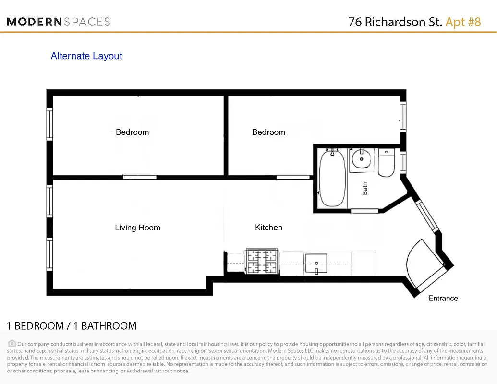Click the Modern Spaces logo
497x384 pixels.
[x=59, y=22]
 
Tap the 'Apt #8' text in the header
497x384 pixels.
[x=463, y=22]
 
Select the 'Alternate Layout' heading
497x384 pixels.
[x=86, y=56]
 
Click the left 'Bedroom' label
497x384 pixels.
[x=132, y=132]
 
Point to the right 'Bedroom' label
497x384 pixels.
[x=268, y=132]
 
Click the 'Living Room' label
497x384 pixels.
[x=137, y=228]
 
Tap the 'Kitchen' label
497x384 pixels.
[x=268, y=228]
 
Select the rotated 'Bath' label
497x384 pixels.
[x=365, y=189]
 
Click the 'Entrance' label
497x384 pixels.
[x=443, y=298]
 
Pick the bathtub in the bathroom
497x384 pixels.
[x=332, y=178]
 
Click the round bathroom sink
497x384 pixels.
[x=360, y=158]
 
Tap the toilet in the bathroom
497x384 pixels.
[x=386, y=163]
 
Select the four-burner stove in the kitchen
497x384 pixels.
[x=262, y=262]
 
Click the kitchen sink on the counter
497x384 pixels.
[x=316, y=264]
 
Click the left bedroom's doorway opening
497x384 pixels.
[x=139, y=177]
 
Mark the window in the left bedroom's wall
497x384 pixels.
[x=49, y=123]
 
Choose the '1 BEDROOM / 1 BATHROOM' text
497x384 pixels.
[x=72, y=326]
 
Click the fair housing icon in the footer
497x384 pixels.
[x=12, y=343]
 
